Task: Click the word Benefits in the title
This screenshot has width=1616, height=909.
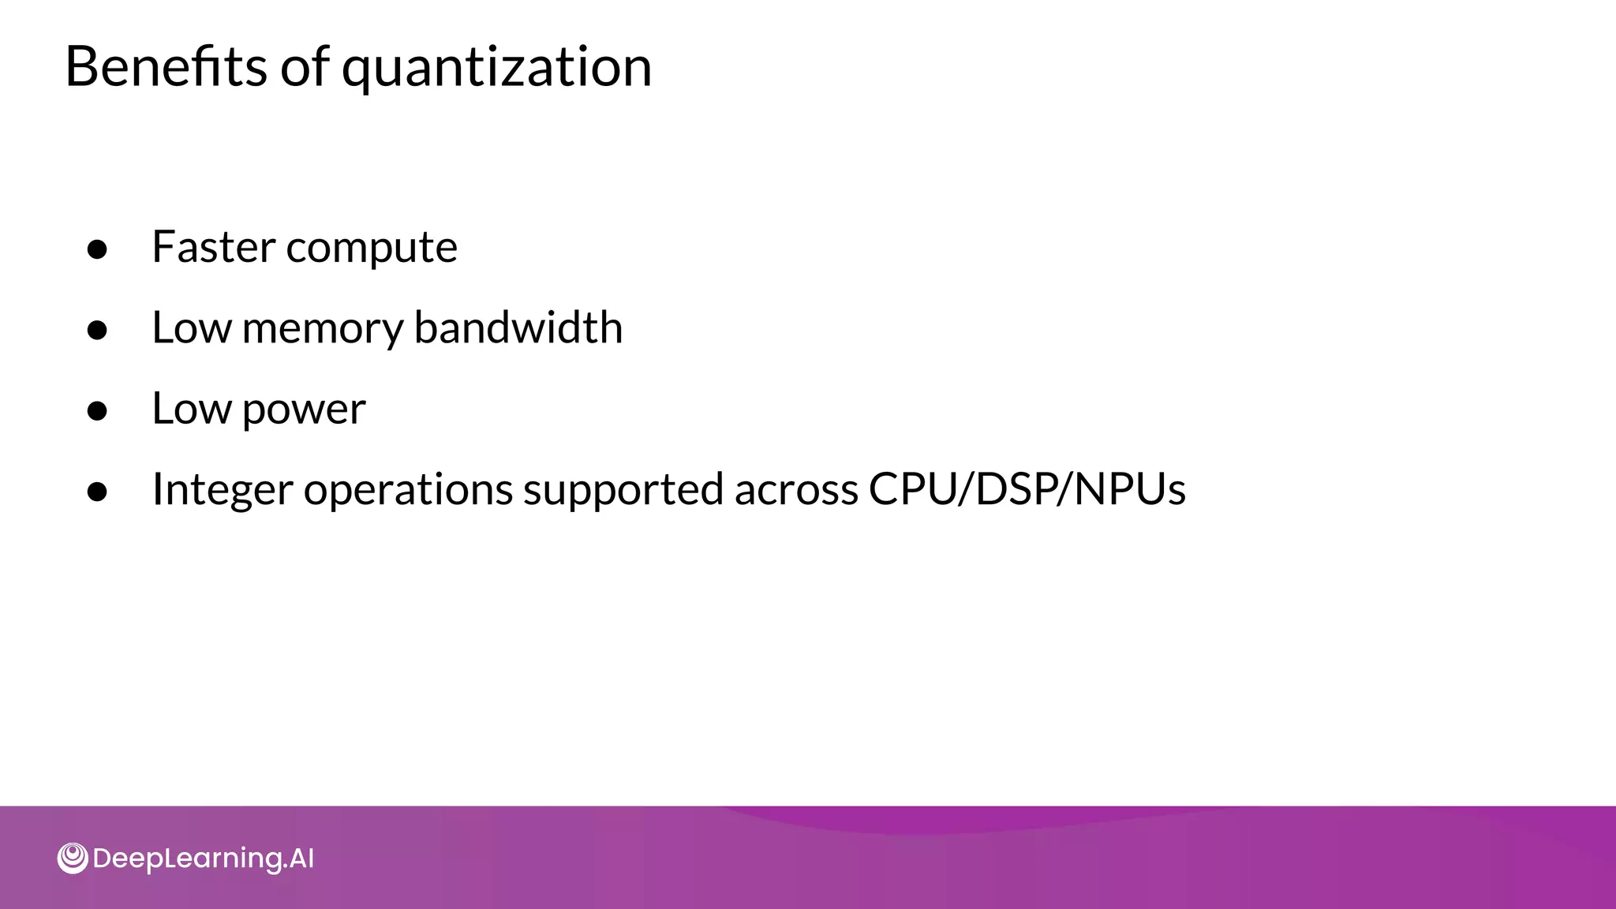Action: coord(166,66)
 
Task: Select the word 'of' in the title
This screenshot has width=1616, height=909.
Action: coord(305,66)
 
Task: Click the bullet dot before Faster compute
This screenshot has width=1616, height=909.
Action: coord(97,249)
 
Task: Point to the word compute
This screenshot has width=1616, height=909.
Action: coord(372,250)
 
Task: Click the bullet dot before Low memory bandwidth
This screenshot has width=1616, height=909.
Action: coord(97,330)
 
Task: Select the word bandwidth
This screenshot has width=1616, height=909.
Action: coord(518,327)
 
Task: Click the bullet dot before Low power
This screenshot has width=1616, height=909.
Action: coord(97,411)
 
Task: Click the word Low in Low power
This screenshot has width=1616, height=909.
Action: coord(192,409)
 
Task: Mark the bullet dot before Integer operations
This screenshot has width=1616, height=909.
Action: coord(97,492)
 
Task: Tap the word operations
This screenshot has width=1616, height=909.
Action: coord(408,491)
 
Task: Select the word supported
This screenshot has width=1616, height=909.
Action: coord(623,491)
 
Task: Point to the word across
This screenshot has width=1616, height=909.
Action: coord(796,491)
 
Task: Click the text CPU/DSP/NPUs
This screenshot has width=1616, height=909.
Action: coord(1027,489)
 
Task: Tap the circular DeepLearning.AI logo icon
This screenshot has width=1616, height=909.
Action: coord(73,858)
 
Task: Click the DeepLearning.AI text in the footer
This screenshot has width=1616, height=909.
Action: coord(204,858)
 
